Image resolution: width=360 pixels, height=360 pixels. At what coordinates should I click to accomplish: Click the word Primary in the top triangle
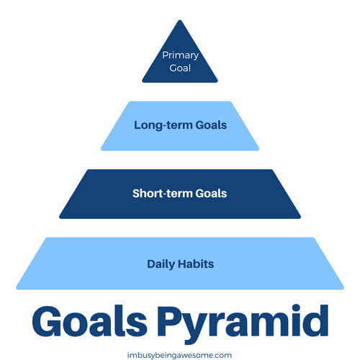click(180, 55)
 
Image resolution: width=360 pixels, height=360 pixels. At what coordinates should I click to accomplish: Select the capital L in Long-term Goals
click(137, 125)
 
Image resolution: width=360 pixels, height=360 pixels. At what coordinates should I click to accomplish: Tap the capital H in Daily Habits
click(181, 264)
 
